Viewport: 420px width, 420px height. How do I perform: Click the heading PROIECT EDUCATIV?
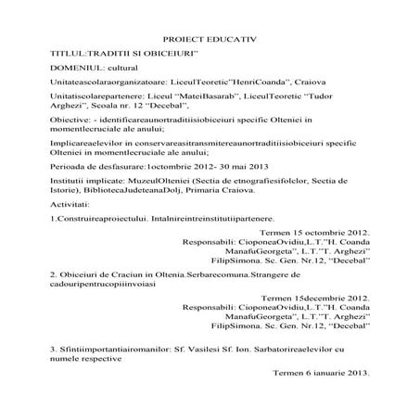point(209,42)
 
